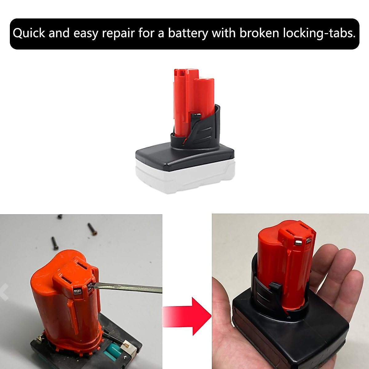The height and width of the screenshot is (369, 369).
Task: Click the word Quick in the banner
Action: (29, 33)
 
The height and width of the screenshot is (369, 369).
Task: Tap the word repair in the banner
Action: (118, 33)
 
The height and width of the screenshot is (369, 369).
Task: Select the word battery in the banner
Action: (188, 33)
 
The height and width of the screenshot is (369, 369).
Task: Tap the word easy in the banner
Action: (86, 33)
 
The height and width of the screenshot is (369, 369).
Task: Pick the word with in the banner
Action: (224, 33)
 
